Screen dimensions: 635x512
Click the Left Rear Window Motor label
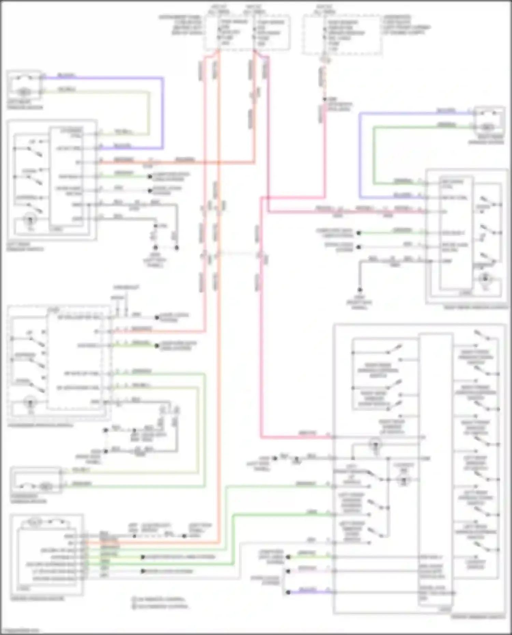pyautogui.click(x=25, y=105)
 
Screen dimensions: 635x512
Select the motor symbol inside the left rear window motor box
pyautogui.click(x=23, y=91)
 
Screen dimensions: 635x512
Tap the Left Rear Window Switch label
pyautogui.click(x=25, y=247)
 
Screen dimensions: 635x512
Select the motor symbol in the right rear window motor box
pyautogui.click(x=487, y=127)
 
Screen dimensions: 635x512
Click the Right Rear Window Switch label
pyautogui.click(x=476, y=307)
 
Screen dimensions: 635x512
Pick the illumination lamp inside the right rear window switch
pyautogui.click(x=485, y=279)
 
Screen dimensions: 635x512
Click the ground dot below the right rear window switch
pyautogui.click(x=360, y=290)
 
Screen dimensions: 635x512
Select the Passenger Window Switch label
pyautogui.click(x=40, y=425)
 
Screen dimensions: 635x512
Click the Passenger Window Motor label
pyautogui.click(x=29, y=499)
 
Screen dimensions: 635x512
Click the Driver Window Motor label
pyautogui.click(x=37, y=598)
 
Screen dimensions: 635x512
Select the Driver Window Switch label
pyautogui.click(x=478, y=617)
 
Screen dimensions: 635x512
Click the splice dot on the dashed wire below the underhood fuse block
pyautogui.click(x=325, y=99)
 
